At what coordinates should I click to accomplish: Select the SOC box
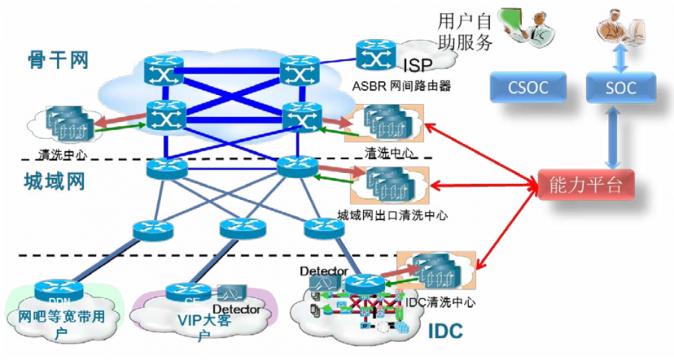[x=621, y=88]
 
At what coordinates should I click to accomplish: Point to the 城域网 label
[x=54, y=181]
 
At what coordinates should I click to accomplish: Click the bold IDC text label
[x=445, y=331]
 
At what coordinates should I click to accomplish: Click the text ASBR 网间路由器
[x=401, y=85]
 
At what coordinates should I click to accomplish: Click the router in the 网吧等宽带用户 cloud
[x=54, y=290]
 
